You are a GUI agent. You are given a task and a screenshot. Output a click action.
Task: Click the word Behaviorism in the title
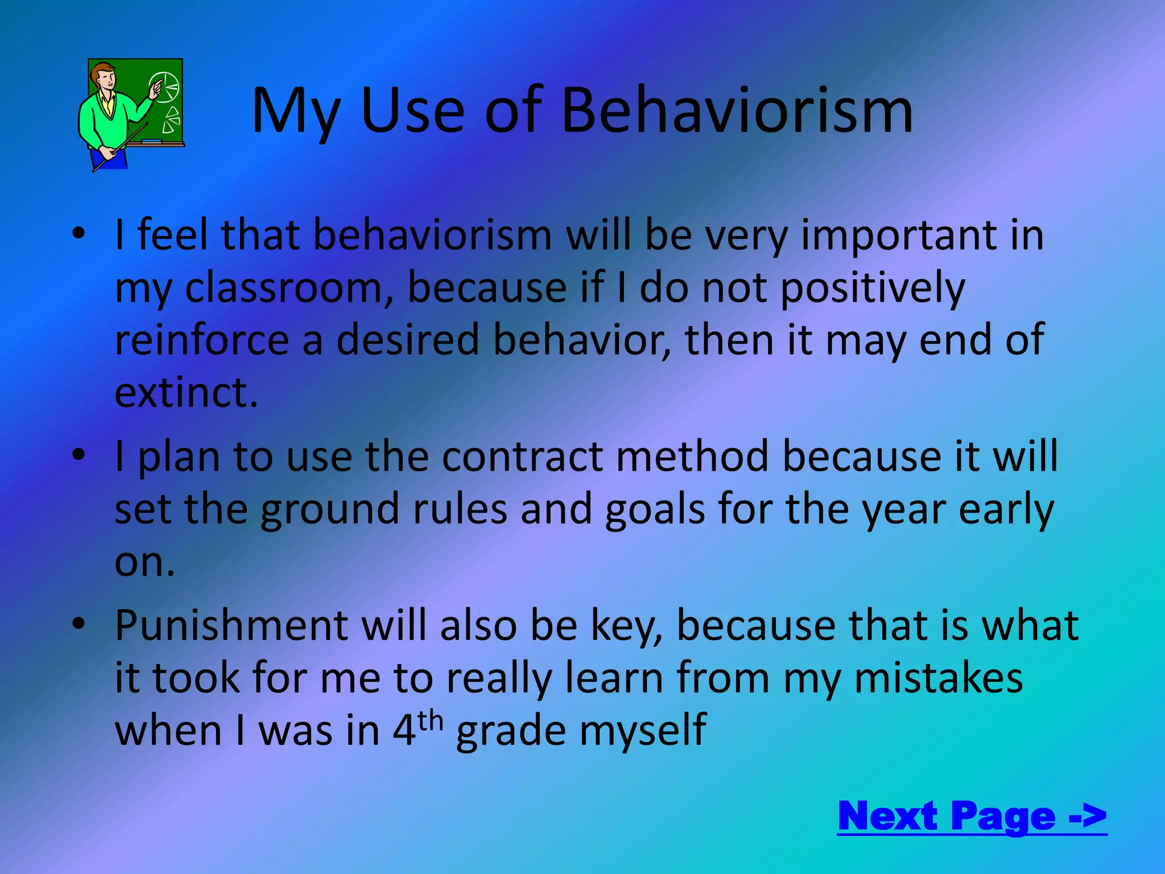(x=737, y=111)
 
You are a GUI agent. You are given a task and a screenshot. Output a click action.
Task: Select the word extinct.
(x=186, y=393)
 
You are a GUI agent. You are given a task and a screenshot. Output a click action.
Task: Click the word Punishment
(x=232, y=625)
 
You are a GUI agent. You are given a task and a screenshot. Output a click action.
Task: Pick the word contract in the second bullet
(x=522, y=456)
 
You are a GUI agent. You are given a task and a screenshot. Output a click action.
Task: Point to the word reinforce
(x=202, y=340)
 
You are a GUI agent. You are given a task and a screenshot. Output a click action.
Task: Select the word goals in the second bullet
(x=655, y=509)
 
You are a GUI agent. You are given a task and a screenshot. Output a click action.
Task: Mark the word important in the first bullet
(x=899, y=236)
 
